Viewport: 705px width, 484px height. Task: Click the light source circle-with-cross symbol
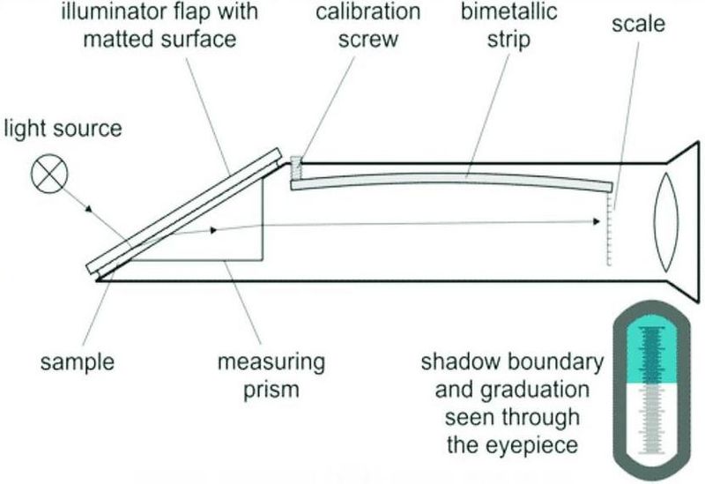[49, 174]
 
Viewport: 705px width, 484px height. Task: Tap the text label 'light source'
[63, 129]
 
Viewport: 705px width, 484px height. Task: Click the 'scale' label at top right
[638, 23]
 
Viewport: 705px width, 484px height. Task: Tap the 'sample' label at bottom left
[78, 362]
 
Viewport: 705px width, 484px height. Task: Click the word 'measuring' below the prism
[271, 362]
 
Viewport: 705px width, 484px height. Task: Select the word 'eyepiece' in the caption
[535, 445]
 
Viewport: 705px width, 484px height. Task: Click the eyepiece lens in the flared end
[666, 223]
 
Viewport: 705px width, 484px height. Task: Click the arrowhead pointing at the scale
[597, 221]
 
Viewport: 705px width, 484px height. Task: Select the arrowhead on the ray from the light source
[89, 209]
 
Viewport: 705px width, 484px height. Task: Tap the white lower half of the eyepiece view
[651, 423]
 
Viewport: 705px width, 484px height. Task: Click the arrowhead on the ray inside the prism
[213, 230]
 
